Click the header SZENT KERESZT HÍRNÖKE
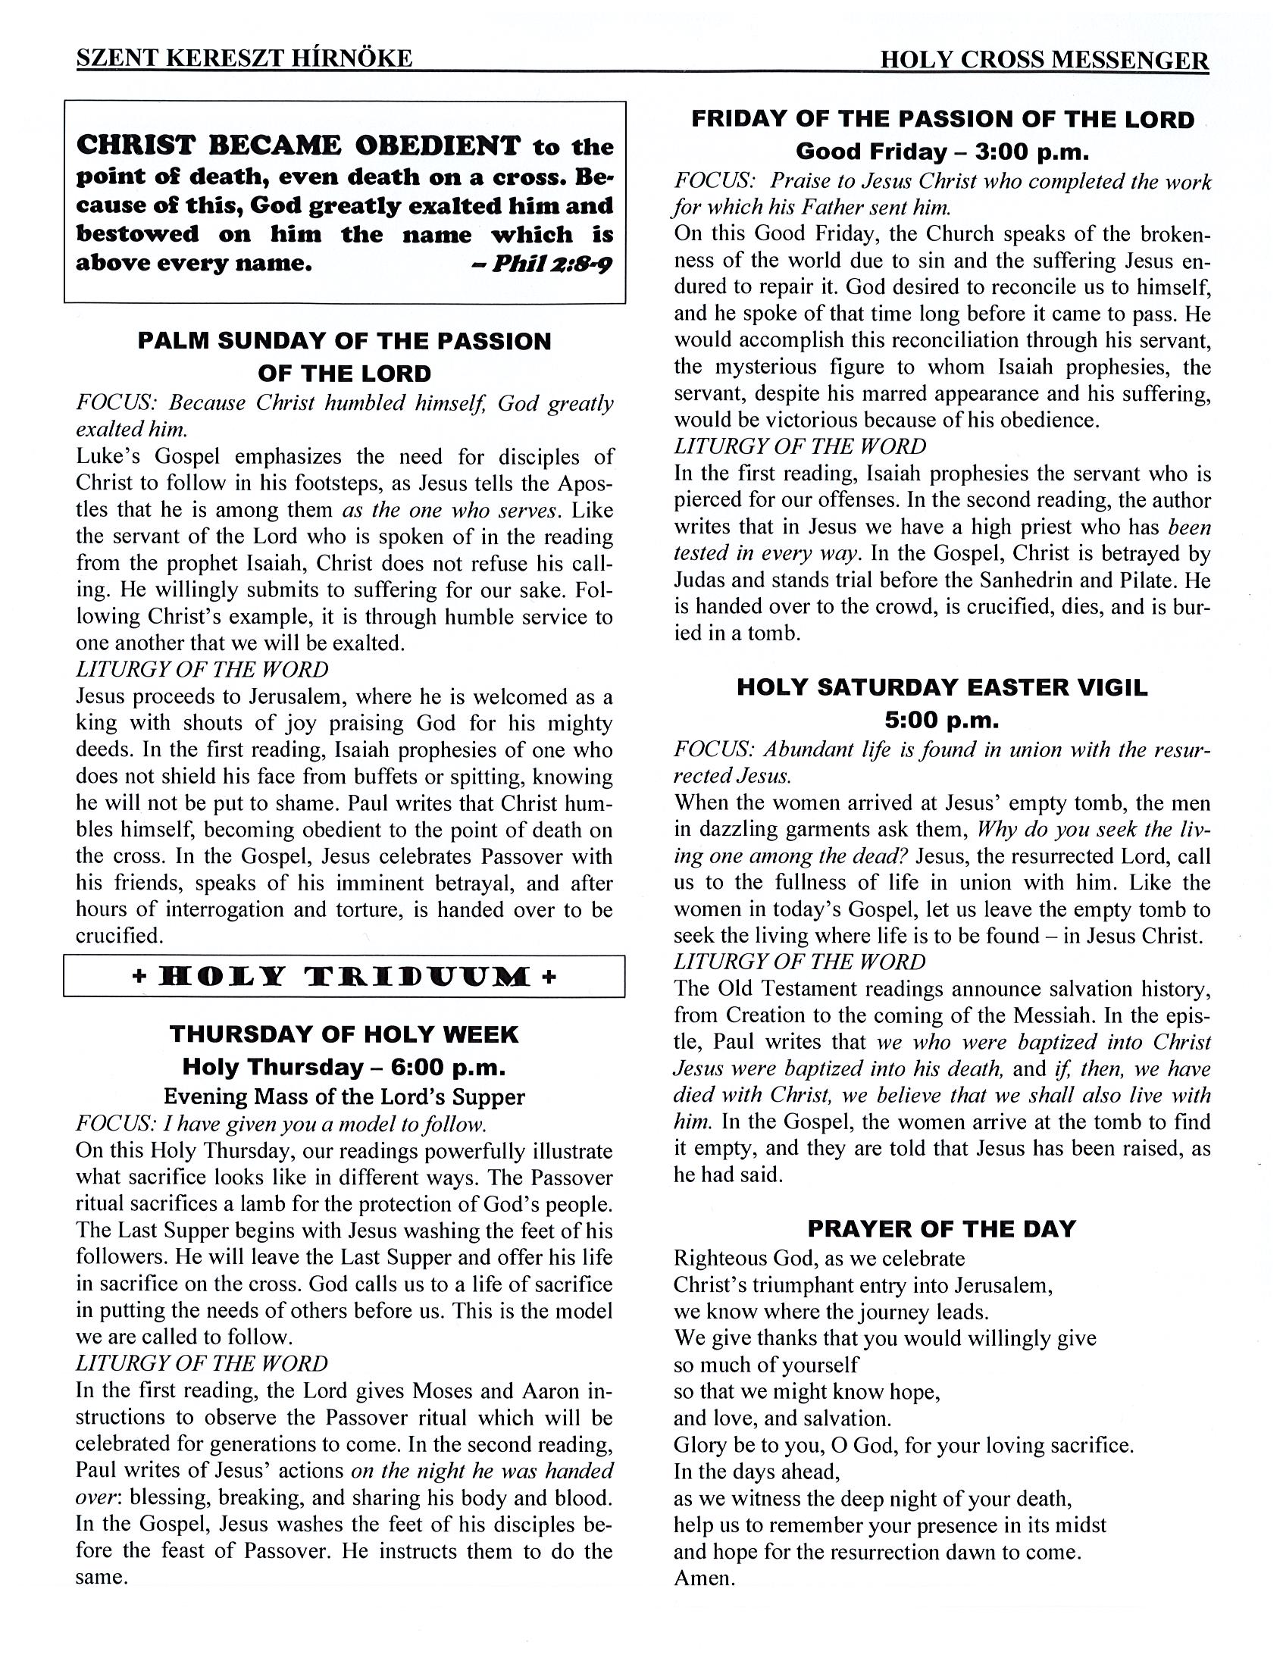[244, 59]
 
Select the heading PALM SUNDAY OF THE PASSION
[345, 341]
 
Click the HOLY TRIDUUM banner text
[345, 976]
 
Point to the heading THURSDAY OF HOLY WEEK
[345, 1034]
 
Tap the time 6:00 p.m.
[449, 1067]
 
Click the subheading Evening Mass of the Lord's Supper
[345, 1096]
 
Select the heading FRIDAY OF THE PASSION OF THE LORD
[942, 120]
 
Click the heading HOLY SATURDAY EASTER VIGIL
[942, 687]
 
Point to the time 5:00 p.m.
[942, 719]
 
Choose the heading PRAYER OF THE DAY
[941, 1229]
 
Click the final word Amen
[703, 1579]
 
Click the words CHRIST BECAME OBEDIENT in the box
[299, 145]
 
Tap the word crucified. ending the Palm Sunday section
[120, 937]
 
